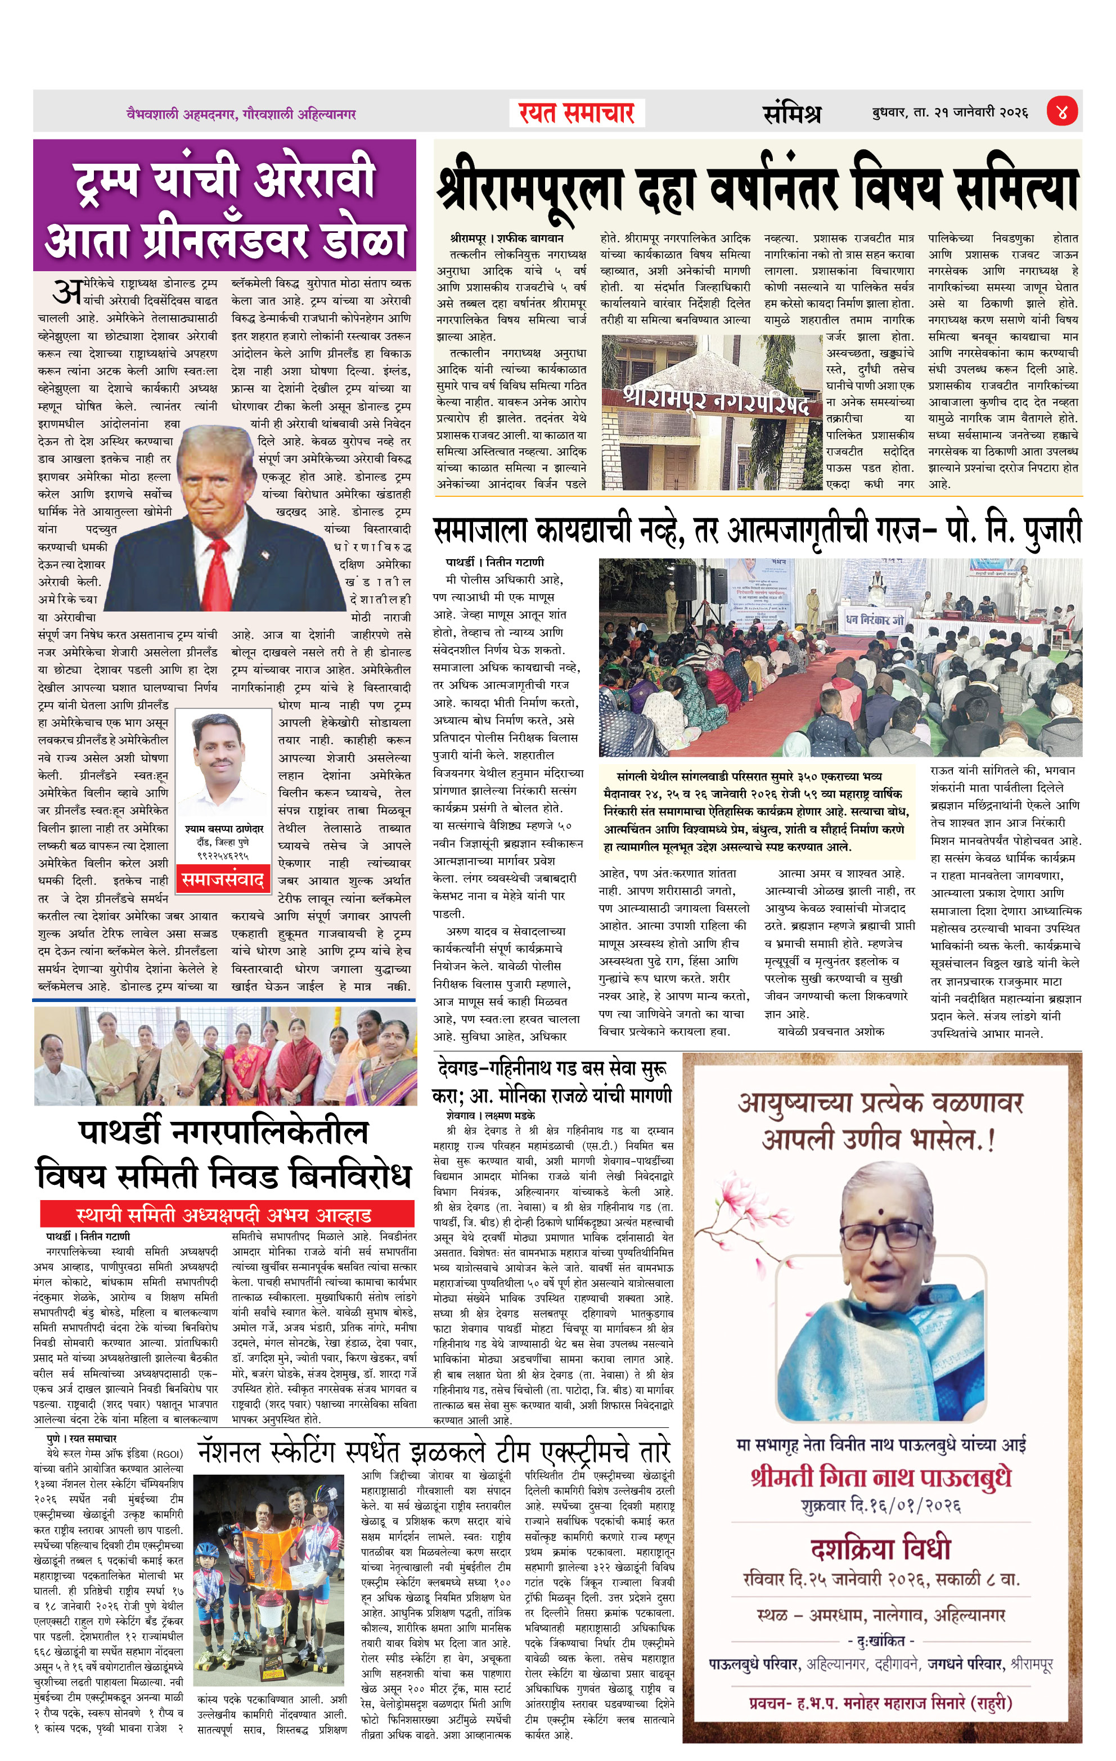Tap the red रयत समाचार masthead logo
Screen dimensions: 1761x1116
pos(577,113)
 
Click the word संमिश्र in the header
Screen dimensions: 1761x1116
pos(791,113)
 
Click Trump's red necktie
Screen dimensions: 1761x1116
pos(217,570)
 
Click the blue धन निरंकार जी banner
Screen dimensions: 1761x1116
pos(875,620)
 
